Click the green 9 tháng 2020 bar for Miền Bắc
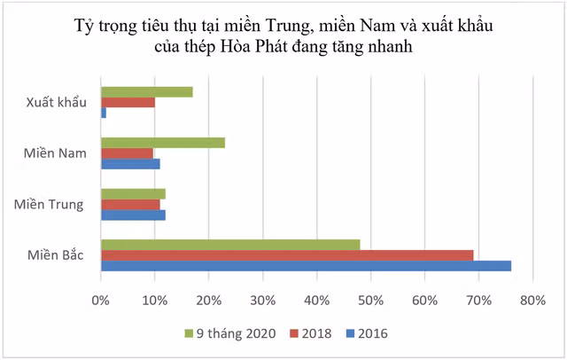[230, 245]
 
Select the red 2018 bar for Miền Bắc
[287, 255]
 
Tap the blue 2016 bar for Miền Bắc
[306, 266]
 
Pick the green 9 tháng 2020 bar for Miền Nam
[163, 143]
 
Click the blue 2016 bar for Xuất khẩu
[104, 113]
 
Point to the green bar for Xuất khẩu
[146, 92]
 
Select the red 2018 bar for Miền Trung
[130, 204]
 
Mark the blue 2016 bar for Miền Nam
[130, 164]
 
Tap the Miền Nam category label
[55, 153]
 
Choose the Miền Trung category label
[50, 205]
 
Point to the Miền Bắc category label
[55, 255]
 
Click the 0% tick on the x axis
[101, 300]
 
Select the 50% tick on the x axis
[371, 300]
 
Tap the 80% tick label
[532, 300]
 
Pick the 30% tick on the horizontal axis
[263, 300]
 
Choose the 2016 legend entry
[367, 333]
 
